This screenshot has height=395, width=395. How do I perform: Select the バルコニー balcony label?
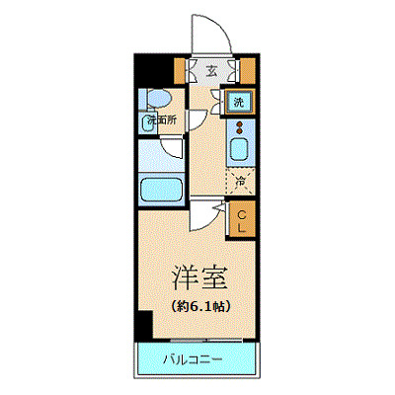[x=193, y=357]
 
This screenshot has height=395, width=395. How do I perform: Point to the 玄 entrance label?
[x=212, y=70]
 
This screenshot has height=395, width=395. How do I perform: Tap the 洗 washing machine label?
[x=240, y=101]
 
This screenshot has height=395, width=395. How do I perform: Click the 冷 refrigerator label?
[x=240, y=181]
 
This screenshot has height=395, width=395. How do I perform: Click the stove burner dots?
[x=240, y=126]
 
